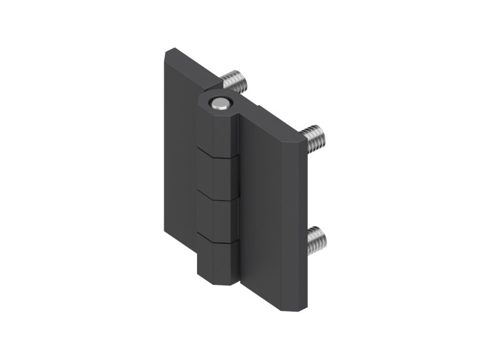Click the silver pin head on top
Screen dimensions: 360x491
(219, 103)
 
